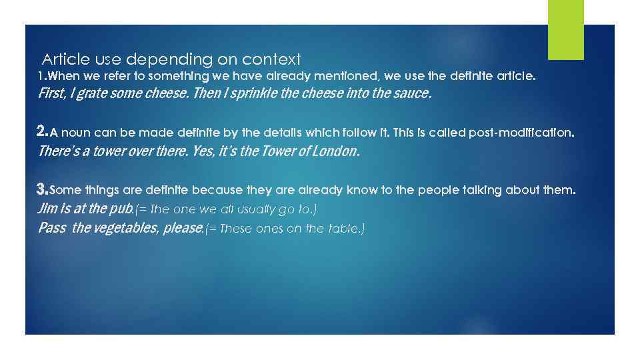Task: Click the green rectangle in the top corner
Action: (x=565, y=29)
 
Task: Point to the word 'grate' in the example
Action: (x=92, y=93)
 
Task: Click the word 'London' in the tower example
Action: (x=336, y=151)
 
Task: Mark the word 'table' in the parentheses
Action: (x=345, y=229)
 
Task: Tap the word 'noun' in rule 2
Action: (x=77, y=133)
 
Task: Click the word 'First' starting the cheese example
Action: (x=50, y=93)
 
